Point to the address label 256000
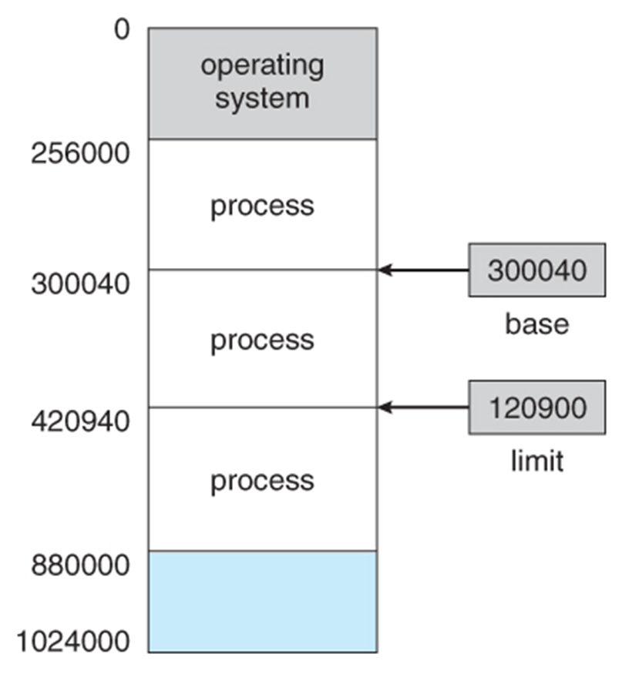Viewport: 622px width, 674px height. pyautogui.click(x=80, y=153)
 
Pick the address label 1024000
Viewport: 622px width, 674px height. pyautogui.click(x=74, y=640)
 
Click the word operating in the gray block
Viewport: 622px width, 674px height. pyautogui.click(x=262, y=65)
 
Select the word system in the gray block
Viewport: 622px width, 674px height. pyautogui.click(x=262, y=99)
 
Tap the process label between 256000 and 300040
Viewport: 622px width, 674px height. pyautogui.click(x=262, y=206)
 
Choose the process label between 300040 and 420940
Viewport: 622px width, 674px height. pyautogui.click(x=262, y=340)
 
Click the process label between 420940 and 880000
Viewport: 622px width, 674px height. pyautogui.click(x=262, y=481)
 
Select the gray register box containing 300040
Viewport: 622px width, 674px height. pyautogui.click(x=536, y=270)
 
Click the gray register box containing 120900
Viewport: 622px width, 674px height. pyautogui.click(x=536, y=407)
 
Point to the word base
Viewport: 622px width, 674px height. pyautogui.click(x=536, y=324)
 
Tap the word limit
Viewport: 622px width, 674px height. pyautogui.click(x=536, y=461)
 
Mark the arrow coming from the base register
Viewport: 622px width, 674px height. pyautogui.click(x=424, y=270)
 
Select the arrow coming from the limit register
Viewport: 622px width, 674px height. pyautogui.click(x=424, y=407)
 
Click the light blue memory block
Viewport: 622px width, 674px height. pyautogui.click(x=262, y=602)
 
